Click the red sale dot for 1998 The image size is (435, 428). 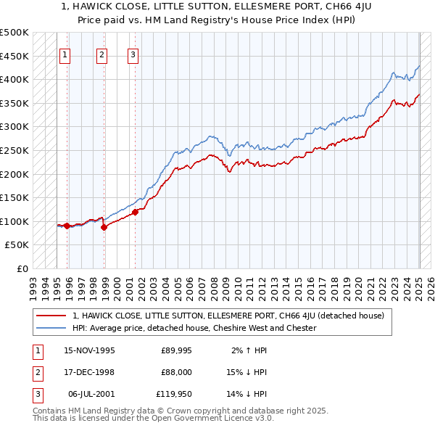104,227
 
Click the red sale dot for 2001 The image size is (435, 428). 136,212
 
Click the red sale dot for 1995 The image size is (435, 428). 67,226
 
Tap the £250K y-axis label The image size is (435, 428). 14,150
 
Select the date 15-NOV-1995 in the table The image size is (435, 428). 89,350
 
